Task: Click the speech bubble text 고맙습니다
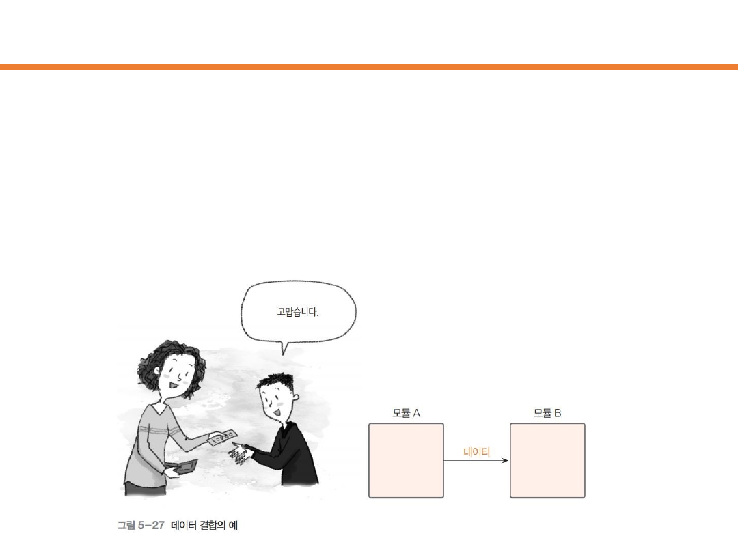297,312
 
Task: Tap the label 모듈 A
406,413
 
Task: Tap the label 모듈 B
547,413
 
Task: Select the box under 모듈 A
406,460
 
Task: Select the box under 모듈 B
547,460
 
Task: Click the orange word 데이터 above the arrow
477,452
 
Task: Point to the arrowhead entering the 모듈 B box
506,460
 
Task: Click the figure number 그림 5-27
141,525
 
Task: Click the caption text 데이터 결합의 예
204,525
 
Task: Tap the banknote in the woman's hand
223,438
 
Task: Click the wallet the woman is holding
185,467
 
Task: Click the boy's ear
295,398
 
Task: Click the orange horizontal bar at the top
369,67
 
